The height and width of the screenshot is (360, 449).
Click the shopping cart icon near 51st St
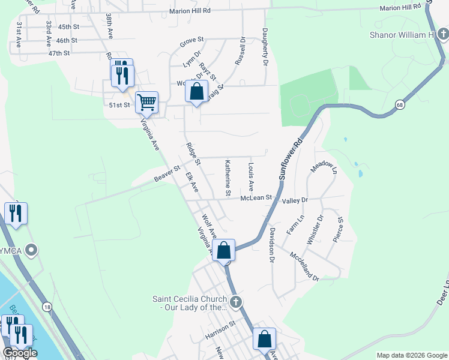point(146,103)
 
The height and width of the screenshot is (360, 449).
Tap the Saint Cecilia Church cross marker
point(236,301)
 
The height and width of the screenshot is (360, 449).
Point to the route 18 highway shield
point(47,307)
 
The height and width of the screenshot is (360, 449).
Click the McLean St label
point(256,197)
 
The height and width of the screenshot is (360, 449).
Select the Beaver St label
point(167,174)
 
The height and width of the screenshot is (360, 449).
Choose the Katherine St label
point(228,178)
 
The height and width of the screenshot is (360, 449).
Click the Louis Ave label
point(251,173)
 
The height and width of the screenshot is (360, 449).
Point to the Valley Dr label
point(295,200)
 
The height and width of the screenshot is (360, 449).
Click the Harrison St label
point(218,329)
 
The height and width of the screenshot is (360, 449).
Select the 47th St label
point(59,53)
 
